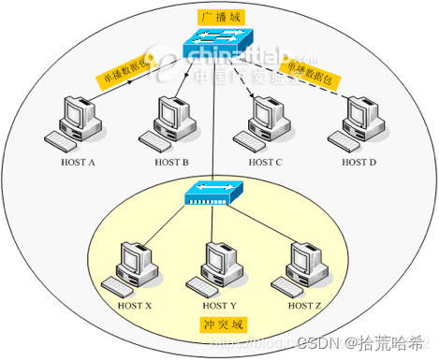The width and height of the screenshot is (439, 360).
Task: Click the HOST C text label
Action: click(x=265, y=162)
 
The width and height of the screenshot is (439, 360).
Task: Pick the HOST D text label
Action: click(x=359, y=162)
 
